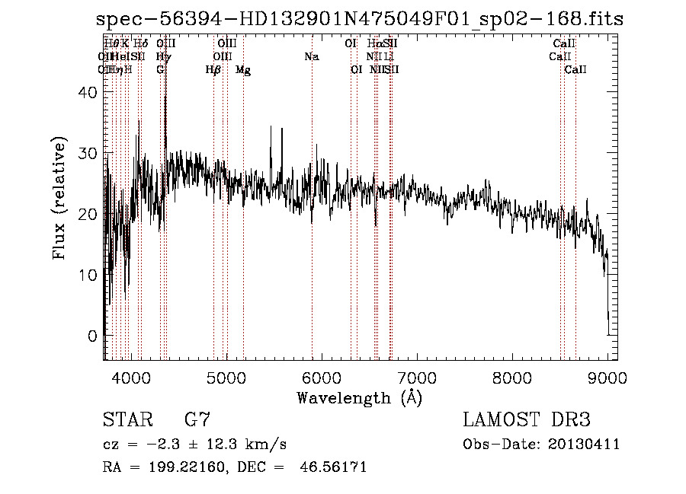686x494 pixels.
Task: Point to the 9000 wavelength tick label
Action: click(607, 378)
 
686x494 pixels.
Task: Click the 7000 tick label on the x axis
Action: click(417, 378)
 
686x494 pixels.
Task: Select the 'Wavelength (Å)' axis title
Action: click(359, 397)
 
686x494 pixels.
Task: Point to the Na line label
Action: click(311, 57)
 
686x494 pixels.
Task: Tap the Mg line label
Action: click(243, 70)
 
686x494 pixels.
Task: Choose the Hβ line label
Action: click(213, 70)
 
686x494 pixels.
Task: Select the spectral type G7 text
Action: click(197, 419)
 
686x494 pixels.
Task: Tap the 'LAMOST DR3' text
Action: click(527, 419)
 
